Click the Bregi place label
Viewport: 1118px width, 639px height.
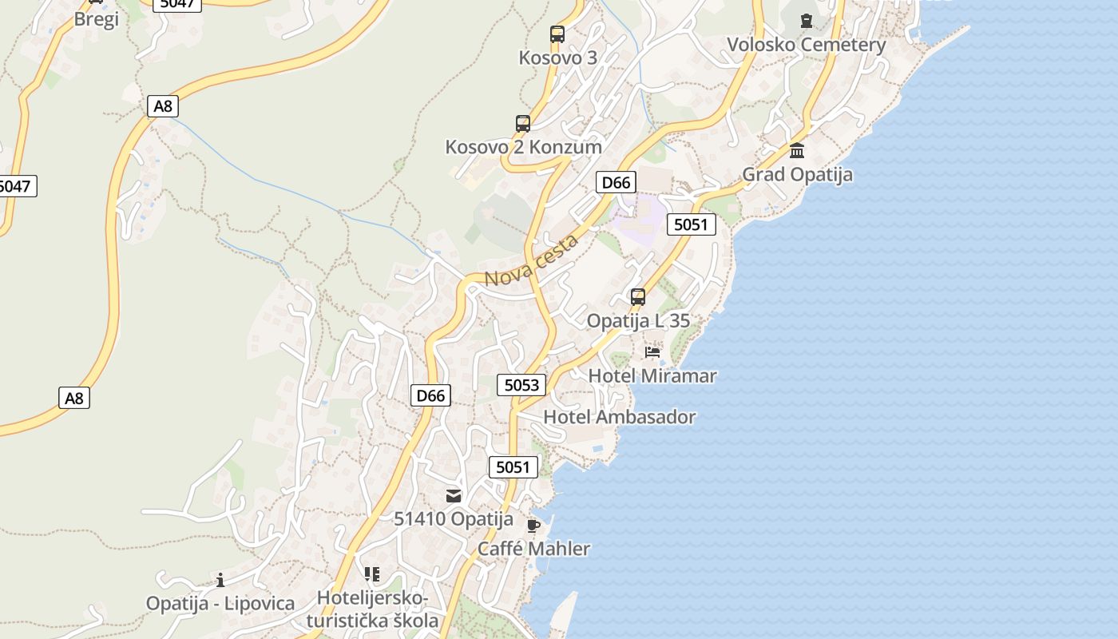click(96, 19)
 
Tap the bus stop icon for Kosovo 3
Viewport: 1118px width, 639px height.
click(557, 34)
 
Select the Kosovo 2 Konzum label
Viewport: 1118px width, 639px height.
click(523, 147)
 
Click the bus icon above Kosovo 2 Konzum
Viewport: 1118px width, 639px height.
click(523, 124)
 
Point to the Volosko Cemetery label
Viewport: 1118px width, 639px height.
click(806, 45)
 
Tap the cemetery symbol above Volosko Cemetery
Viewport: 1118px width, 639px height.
click(806, 20)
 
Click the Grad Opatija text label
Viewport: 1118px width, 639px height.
click(797, 174)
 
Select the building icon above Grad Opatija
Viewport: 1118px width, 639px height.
click(797, 150)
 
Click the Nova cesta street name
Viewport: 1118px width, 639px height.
click(531, 261)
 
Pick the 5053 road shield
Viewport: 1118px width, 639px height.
click(521, 385)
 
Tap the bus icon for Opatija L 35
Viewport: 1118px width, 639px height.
click(638, 297)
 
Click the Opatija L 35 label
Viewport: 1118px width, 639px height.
click(638, 321)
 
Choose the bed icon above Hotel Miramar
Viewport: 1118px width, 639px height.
click(652, 352)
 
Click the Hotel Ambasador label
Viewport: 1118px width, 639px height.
click(619, 417)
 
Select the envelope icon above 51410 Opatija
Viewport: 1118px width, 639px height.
click(454, 496)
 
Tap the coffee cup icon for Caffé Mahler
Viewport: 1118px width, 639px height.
click(533, 526)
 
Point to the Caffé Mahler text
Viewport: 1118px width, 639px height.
click(533, 549)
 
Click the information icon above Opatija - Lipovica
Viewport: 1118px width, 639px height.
click(220, 580)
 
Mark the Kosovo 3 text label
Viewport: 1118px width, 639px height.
click(557, 58)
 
